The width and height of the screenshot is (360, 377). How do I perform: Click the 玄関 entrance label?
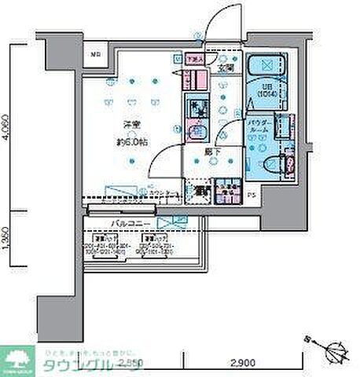click(226, 67)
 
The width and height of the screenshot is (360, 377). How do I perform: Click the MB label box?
click(94, 55)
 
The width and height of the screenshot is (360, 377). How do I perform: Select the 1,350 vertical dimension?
click(7, 240)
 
